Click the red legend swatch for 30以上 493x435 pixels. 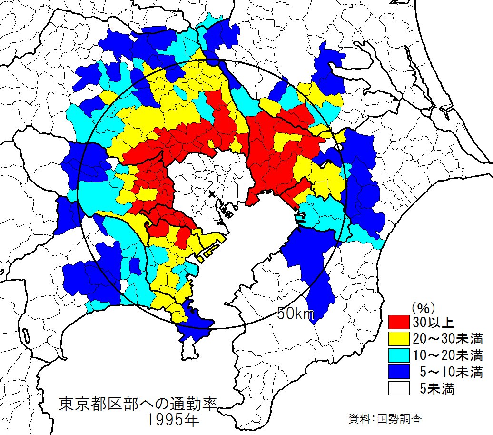(x=399, y=323)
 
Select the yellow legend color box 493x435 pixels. (x=399, y=339)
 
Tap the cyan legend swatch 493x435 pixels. (x=399, y=355)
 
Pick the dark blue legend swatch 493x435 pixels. (x=399, y=372)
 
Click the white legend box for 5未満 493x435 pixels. (x=399, y=388)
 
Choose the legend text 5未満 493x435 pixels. (x=437, y=388)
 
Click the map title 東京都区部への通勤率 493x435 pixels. (x=138, y=404)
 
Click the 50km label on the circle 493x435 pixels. (x=296, y=314)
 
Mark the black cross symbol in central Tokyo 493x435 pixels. (x=212, y=194)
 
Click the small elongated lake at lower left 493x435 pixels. (x=25, y=333)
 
